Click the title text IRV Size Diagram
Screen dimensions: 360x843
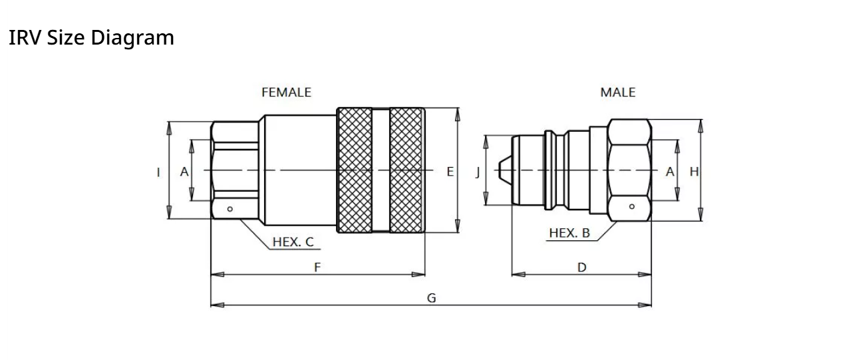click(x=91, y=38)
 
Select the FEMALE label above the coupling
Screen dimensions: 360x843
click(x=286, y=92)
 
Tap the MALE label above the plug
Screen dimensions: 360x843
click(x=617, y=92)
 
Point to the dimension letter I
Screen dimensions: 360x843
click(x=158, y=172)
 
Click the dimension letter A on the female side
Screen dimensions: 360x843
click(x=184, y=172)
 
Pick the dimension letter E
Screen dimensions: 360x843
click(x=450, y=172)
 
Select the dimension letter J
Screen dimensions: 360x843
click(x=477, y=172)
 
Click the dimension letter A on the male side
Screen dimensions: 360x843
click(x=670, y=172)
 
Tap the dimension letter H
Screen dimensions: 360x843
click(x=694, y=172)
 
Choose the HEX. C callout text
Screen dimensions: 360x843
click(x=293, y=242)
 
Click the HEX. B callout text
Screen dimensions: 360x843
click(x=569, y=233)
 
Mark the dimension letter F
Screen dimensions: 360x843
click(x=317, y=268)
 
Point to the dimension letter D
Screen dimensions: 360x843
click(x=582, y=268)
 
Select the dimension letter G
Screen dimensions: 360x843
click(x=431, y=298)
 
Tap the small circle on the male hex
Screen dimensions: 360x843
click(x=631, y=206)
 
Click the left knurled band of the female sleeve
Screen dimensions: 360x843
click(x=355, y=170)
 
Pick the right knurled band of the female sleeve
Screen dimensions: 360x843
click(x=406, y=170)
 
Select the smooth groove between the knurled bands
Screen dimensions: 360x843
click(x=381, y=170)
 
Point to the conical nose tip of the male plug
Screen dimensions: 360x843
click(x=504, y=171)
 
